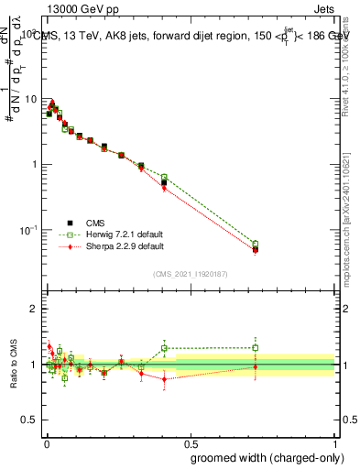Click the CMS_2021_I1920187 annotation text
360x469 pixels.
click(190, 274)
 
